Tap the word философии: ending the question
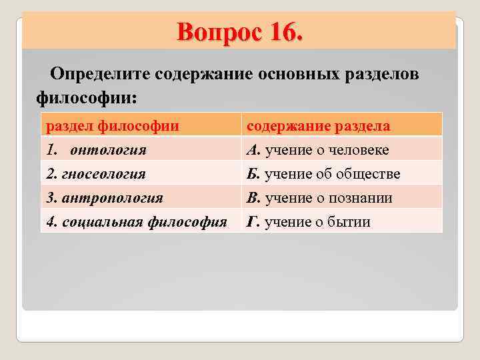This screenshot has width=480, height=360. coord(86,97)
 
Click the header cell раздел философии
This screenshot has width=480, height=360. coord(112,126)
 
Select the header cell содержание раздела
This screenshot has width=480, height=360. coord(319,126)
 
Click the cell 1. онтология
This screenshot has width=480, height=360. coord(97,150)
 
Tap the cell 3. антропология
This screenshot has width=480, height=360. coord(105,198)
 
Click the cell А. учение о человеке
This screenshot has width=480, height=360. coord(318,150)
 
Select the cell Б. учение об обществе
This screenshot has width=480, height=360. coord(323,174)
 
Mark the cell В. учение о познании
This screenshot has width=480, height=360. coord(319,198)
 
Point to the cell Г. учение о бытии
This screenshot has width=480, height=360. coord(308,222)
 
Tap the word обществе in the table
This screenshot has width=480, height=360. coord(371,174)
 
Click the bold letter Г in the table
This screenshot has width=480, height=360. coord(251,222)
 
